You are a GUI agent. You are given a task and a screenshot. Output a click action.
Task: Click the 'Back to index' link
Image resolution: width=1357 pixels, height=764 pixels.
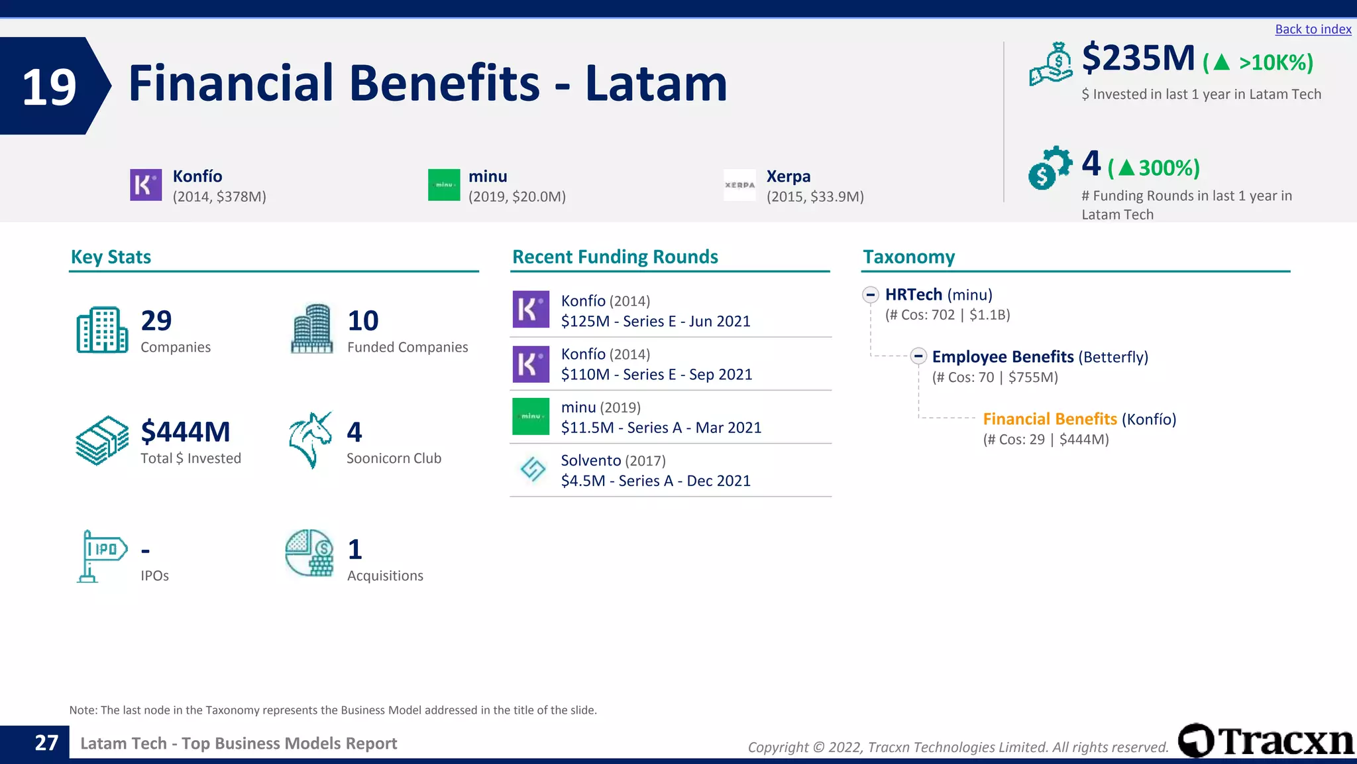tap(1313, 29)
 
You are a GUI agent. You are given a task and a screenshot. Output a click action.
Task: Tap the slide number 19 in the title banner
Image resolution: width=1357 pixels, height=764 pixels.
tap(49, 87)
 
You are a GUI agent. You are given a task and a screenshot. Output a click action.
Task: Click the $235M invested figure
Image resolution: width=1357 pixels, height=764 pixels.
tap(1138, 58)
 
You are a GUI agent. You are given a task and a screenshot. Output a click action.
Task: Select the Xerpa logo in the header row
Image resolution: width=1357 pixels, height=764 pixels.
tap(739, 185)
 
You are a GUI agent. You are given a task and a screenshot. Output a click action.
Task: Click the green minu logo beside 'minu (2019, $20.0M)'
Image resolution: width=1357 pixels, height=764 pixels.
tap(444, 185)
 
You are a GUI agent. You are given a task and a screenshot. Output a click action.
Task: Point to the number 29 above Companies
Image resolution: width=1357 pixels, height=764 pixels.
tap(156, 321)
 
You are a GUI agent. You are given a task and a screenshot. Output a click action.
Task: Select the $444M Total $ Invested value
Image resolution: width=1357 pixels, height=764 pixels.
tap(186, 432)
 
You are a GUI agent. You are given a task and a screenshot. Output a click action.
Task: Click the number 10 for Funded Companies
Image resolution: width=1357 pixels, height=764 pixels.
tap(363, 321)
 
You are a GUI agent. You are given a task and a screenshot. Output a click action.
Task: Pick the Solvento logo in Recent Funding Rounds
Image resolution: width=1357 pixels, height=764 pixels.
tap(532, 470)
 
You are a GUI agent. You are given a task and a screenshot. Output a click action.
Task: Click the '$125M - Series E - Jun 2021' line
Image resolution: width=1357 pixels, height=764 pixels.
tap(655, 322)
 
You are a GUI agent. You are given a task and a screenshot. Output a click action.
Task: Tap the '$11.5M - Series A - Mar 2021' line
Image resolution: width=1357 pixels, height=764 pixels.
tap(661, 428)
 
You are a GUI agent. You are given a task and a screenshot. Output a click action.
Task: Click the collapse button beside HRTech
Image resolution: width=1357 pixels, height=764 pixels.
tap(871, 294)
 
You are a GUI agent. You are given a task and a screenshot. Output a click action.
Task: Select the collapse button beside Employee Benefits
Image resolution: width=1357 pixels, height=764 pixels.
tap(918, 356)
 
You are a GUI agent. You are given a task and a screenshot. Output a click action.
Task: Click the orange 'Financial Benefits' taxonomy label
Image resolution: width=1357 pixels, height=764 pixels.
tap(1050, 419)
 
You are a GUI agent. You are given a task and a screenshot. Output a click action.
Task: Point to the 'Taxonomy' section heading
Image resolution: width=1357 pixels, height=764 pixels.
tap(908, 257)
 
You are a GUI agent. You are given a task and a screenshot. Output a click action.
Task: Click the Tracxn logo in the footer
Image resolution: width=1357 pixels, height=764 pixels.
tap(1266, 741)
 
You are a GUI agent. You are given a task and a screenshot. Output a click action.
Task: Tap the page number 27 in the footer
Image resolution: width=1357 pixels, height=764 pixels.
tap(46, 743)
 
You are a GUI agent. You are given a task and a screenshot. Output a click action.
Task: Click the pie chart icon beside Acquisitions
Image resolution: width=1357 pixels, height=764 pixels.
tap(309, 553)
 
